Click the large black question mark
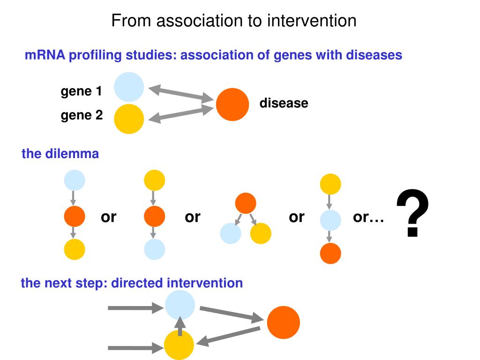[412, 212]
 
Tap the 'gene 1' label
[81, 91]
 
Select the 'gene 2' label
[82, 115]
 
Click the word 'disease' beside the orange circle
[284, 103]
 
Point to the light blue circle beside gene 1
[129, 87]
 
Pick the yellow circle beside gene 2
[129, 119]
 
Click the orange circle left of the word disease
[232, 105]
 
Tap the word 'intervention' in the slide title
[312, 21]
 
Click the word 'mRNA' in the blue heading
[45, 55]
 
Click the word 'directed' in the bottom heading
[137, 283]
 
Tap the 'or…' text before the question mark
[368, 217]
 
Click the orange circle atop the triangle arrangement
[246, 203]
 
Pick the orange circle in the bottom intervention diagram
[284, 322]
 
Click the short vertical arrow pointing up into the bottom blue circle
[180, 326]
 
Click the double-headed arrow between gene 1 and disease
[181, 94]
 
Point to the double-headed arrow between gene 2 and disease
[181, 114]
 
